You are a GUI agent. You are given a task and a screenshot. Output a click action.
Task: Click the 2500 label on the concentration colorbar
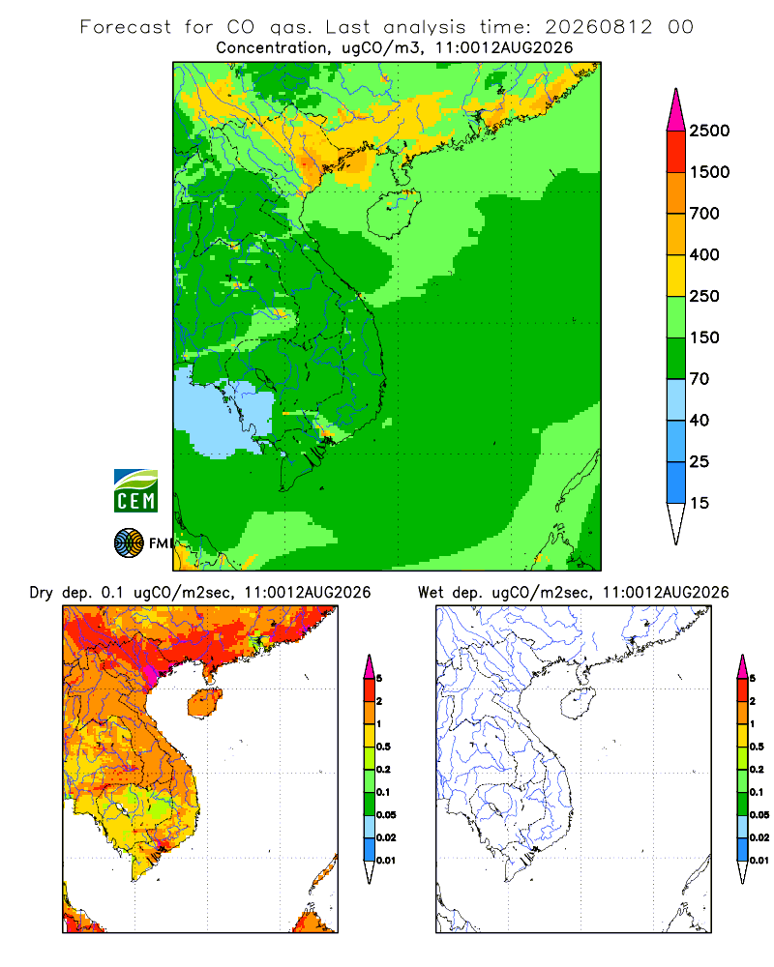click(x=709, y=131)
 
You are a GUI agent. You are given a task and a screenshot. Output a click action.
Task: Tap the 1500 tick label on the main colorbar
click(x=709, y=172)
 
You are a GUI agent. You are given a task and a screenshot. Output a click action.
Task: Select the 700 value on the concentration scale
click(x=704, y=214)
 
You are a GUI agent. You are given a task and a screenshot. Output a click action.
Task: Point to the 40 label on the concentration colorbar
click(x=700, y=421)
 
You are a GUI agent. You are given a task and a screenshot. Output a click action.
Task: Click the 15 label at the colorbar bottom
click(x=700, y=503)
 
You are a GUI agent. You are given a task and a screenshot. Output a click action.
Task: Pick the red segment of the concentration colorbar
click(x=676, y=152)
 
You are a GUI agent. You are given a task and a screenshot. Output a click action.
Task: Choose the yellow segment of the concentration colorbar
click(x=676, y=276)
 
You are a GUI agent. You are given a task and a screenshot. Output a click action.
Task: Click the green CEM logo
click(x=135, y=491)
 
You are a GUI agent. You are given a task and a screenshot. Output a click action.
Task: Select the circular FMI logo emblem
click(x=129, y=543)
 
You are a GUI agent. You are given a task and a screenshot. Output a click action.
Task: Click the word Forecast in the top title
click(x=126, y=27)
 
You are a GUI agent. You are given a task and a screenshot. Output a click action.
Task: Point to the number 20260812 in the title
click(x=598, y=27)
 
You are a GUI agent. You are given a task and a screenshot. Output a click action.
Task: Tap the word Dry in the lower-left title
click(x=41, y=593)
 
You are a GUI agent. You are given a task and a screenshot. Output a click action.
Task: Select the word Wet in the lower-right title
click(x=431, y=593)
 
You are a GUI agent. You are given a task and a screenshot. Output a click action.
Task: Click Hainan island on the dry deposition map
click(x=204, y=704)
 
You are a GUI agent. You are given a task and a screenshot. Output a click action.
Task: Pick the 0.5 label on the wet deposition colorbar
click(x=756, y=747)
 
